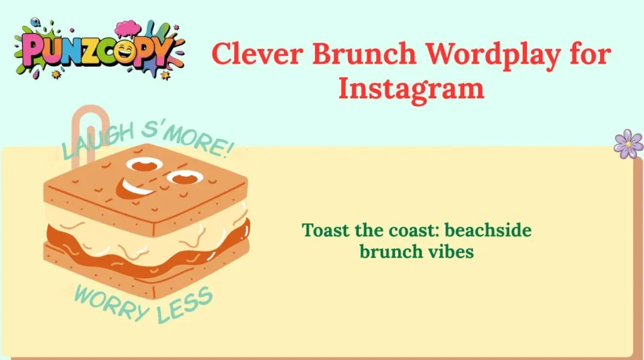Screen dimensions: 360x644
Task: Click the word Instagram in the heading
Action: tap(411, 89)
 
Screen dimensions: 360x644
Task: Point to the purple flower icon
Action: tap(628, 144)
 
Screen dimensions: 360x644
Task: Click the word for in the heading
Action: tap(587, 54)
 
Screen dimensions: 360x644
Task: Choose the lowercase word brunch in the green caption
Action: tap(391, 251)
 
